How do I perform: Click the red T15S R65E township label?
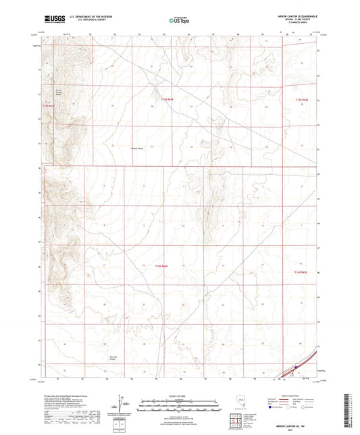[x=301, y=99]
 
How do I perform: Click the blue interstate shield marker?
[x=295, y=368]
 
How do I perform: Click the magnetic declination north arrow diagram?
[x=122, y=402]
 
